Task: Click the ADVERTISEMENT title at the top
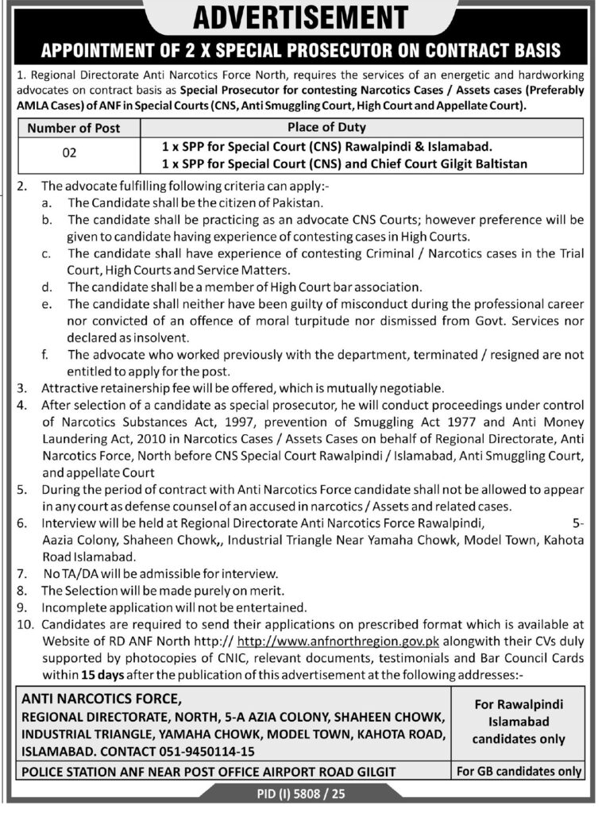300,17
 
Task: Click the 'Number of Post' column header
73,128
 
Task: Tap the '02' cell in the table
69,156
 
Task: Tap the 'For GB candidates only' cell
518,771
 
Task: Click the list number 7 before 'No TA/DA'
24,573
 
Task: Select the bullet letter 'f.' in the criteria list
47,354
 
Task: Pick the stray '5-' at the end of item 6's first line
577,524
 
